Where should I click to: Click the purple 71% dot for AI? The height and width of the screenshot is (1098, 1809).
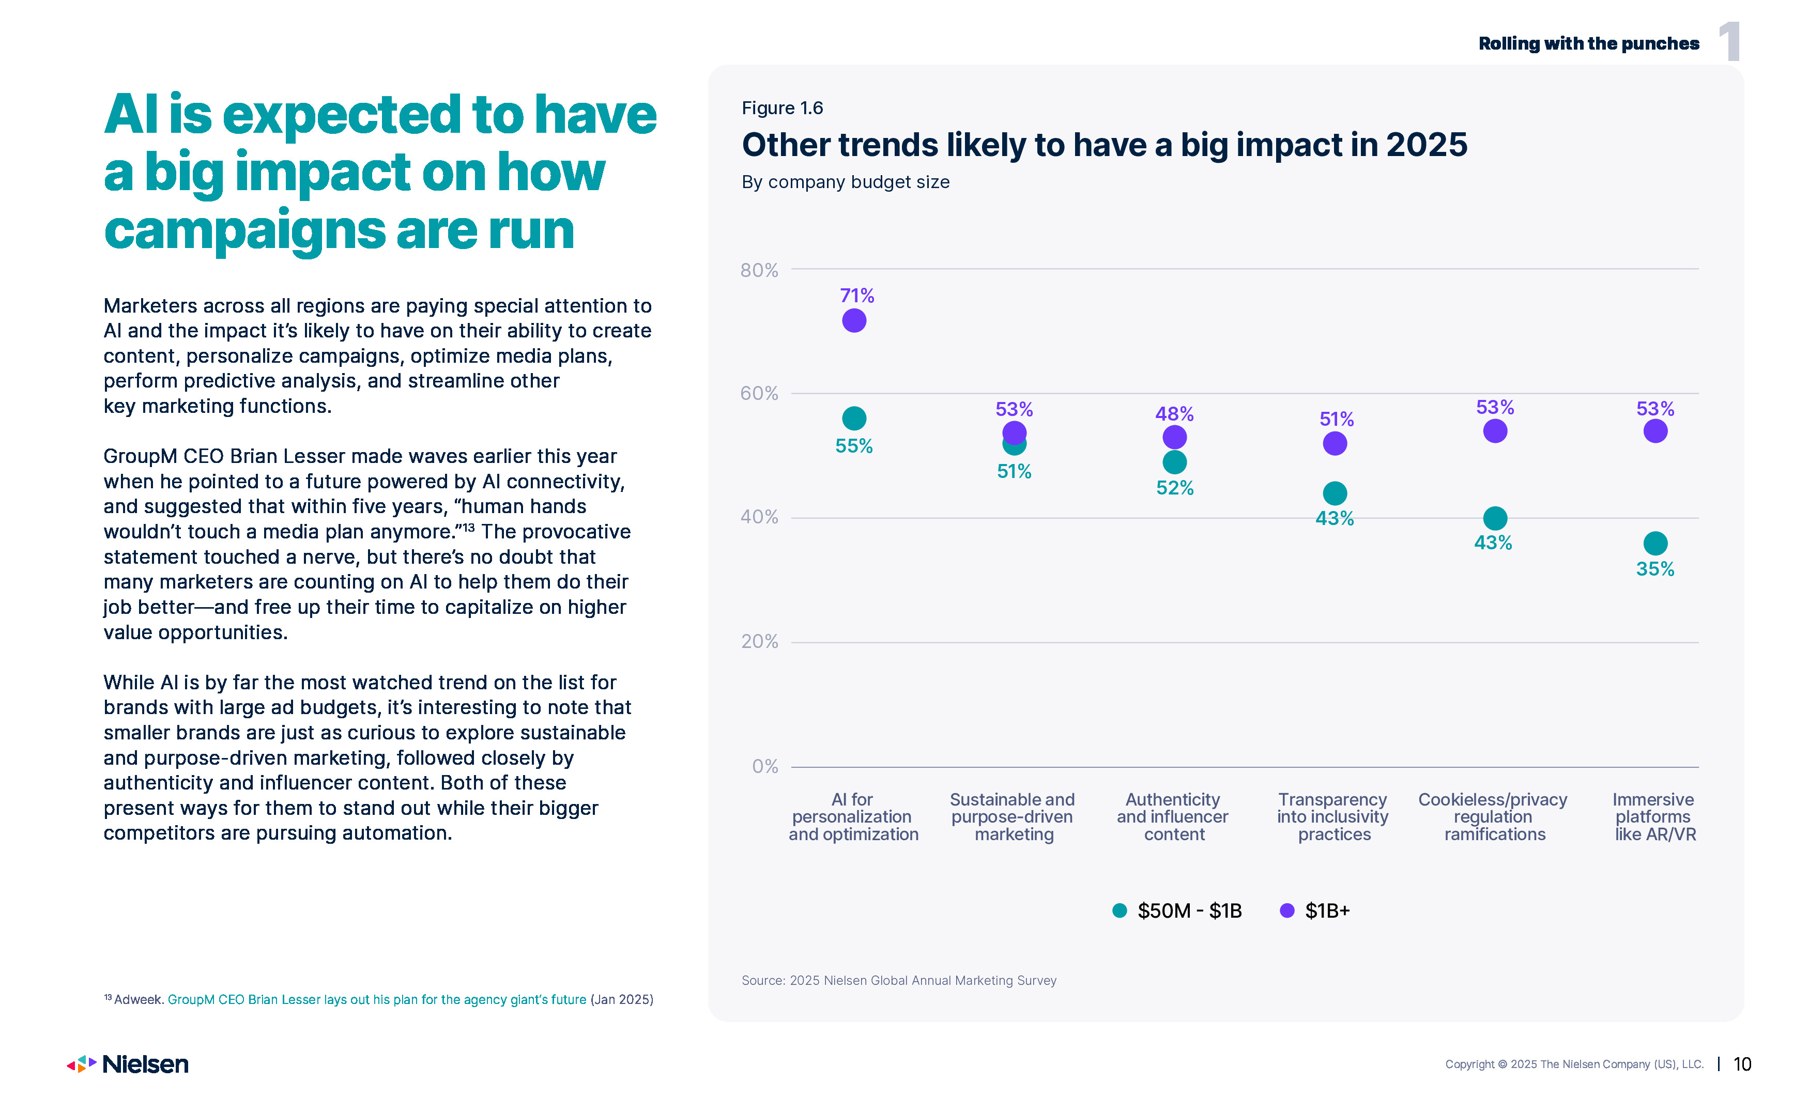coord(854,321)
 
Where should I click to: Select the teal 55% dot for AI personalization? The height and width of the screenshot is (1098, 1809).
coord(854,419)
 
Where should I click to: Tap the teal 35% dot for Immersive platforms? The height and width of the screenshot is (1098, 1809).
coord(1655,543)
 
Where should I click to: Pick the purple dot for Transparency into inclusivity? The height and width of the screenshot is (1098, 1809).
coord(1335,443)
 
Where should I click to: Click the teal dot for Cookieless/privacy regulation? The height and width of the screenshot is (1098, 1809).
coord(1495,518)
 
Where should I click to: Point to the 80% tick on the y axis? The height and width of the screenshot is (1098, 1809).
coord(759,270)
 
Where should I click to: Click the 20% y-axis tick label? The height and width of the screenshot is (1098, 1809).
coord(759,641)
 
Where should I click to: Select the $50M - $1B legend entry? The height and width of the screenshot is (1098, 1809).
coord(1177,911)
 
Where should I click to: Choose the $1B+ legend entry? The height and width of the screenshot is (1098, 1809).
coord(1315,911)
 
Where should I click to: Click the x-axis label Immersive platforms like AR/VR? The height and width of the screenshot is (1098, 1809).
coord(1655,817)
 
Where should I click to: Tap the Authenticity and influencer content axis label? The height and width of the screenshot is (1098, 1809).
coord(1173,817)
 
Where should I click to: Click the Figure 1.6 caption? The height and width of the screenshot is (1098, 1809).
coord(782,108)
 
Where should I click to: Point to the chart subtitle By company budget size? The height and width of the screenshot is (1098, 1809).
coord(845,182)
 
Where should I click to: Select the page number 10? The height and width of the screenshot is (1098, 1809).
coord(1742,1064)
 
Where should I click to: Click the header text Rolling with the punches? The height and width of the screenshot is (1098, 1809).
coord(1589,43)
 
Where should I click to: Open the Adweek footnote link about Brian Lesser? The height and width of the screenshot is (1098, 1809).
coord(377,1000)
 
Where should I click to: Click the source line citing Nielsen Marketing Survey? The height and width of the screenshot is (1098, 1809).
coord(899,981)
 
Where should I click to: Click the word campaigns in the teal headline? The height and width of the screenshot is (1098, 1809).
coord(244,230)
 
